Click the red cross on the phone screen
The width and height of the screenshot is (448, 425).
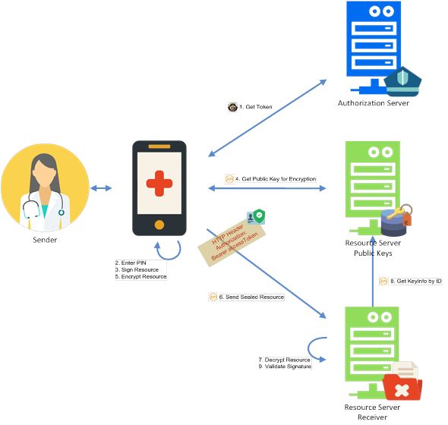[159, 184]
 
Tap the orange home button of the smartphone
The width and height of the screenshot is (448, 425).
[159, 225]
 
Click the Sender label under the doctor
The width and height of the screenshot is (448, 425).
[45, 240]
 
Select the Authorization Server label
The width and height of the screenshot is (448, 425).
[373, 102]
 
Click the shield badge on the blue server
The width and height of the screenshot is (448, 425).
[402, 81]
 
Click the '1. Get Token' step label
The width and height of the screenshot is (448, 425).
[256, 107]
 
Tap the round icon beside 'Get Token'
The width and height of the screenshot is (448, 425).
[232, 107]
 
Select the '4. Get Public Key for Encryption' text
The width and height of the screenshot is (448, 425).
[276, 179]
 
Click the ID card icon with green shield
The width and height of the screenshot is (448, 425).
[256, 217]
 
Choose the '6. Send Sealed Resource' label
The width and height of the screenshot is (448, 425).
[251, 297]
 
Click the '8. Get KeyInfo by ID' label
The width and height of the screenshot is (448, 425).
[416, 281]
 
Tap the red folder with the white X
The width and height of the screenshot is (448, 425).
[402, 387]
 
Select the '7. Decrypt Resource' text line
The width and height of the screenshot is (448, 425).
[284, 360]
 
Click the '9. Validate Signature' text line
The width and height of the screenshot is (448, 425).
[285, 367]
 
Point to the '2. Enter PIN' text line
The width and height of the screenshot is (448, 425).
[131, 263]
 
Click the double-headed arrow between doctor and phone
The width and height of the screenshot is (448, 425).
[101, 188]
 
